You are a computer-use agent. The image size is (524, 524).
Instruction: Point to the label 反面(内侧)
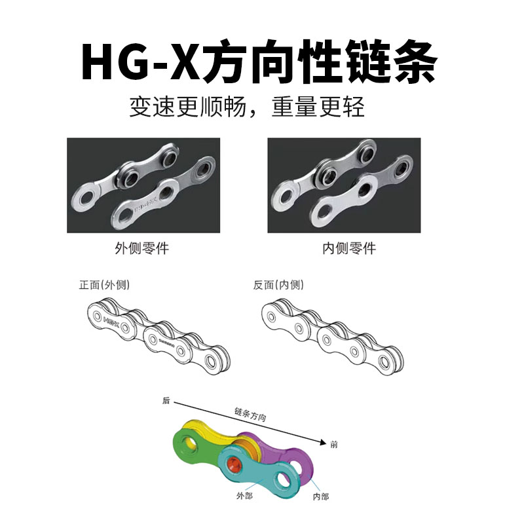coord(278,286)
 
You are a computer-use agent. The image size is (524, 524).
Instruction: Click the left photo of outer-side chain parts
coord(143,185)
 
